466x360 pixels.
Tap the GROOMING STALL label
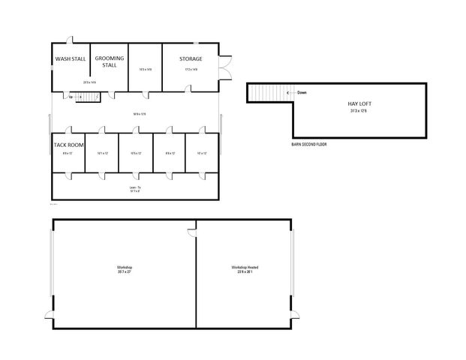(x=110, y=61)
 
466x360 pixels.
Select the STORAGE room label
(x=190, y=58)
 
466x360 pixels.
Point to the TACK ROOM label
(x=68, y=144)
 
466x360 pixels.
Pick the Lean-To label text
(x=136, y=187)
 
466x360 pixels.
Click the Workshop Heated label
(x=245, y=268)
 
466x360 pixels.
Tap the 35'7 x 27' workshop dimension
(x=124, y=272)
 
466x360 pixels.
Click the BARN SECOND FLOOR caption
(x=309, y=144)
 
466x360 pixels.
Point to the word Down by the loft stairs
(x=302, y=93)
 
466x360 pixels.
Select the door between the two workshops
(x=192, y=233)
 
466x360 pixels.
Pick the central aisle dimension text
(x=136, y=114)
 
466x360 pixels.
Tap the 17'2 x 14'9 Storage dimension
(x=191, y=70)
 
